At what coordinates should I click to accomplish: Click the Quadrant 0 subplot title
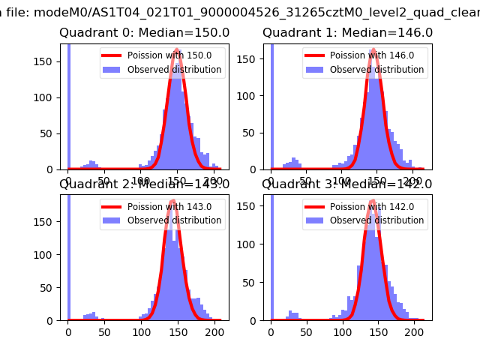pyautogui.click(x=144, y=33)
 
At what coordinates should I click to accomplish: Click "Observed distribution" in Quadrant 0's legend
pyautogui.click(x=174, y=70)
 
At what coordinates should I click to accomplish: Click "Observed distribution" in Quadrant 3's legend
pyautogui.click(x=376, y=220)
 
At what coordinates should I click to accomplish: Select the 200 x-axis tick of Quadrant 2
pyautogui.click(x=214, y=332)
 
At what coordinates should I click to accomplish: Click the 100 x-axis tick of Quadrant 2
pyautogui.click(x=141, y=332)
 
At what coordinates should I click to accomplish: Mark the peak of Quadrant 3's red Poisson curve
pyautogui.click(x=372, y=202)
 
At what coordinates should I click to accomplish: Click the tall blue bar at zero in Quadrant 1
pyautogui.click(x=271, y=105)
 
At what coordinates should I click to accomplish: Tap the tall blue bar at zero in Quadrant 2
pyautogui.click(x=68, y=255)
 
